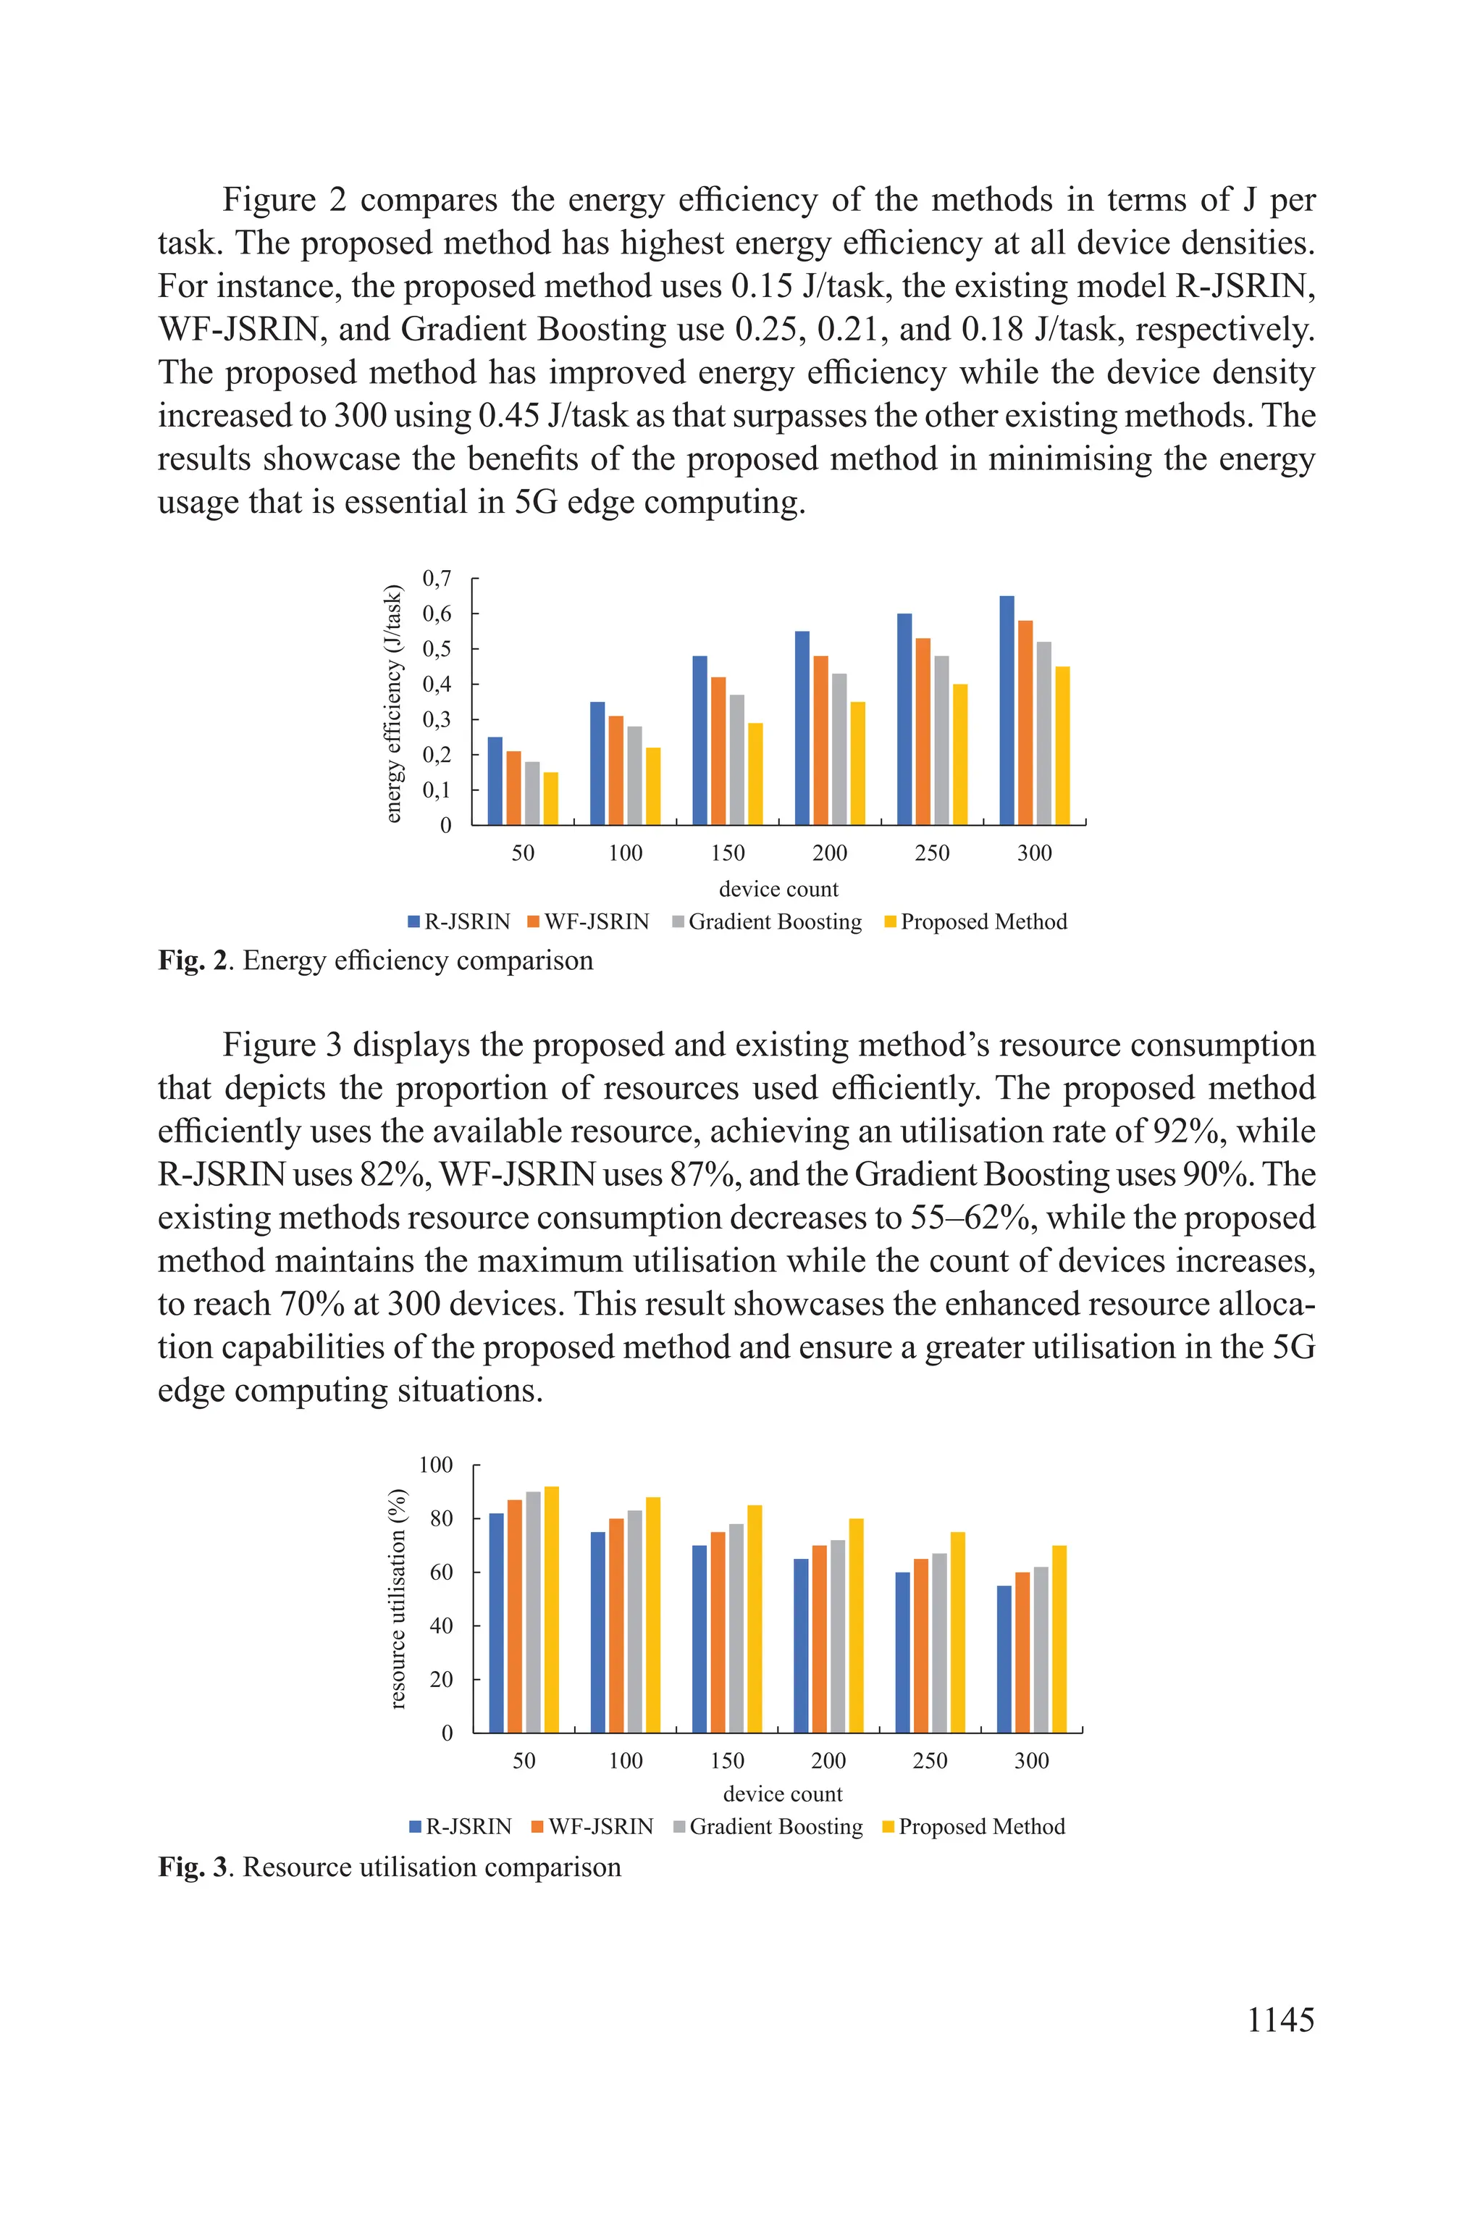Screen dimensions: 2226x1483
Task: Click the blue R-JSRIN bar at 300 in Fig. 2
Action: click(x=1007, y=711)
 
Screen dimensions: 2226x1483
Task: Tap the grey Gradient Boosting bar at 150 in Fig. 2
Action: click(x=736, y=760)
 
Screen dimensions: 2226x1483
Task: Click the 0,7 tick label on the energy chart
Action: click(x=436, y=578)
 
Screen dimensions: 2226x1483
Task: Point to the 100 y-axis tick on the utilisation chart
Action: click(x=435, y=1465)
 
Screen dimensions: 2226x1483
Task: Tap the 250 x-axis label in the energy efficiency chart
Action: click(x=932, y=853)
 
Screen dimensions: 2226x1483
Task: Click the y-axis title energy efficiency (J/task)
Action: click(x=393, y=704)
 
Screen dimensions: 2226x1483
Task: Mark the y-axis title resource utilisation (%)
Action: click(x=398, y=1599)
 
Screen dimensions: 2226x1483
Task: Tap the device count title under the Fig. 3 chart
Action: click(x=782, y=1794)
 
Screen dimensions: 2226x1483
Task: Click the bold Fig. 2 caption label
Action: click(x=194, y=961)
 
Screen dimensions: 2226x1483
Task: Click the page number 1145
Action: click(x=1280, y=2020)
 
